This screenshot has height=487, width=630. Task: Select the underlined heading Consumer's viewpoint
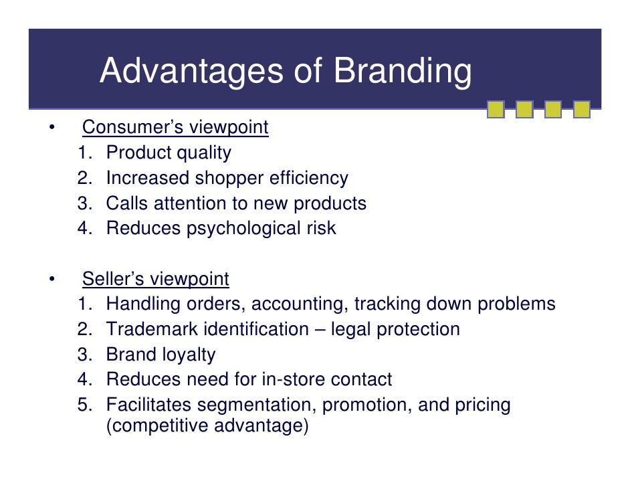(x=175, y=127)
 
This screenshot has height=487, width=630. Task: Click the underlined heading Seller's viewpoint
(x=155, y=279)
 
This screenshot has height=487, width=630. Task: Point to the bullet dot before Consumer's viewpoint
(x=51, y=128)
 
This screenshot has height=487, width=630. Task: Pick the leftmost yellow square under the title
(x=496, y=109)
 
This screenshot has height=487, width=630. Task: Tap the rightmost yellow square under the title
(x=582, y=109)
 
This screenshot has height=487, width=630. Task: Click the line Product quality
(x=169, y=153)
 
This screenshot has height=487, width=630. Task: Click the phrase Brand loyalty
(x=161, y=355)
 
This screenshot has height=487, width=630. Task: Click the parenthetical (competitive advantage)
(x=207, y=426)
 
